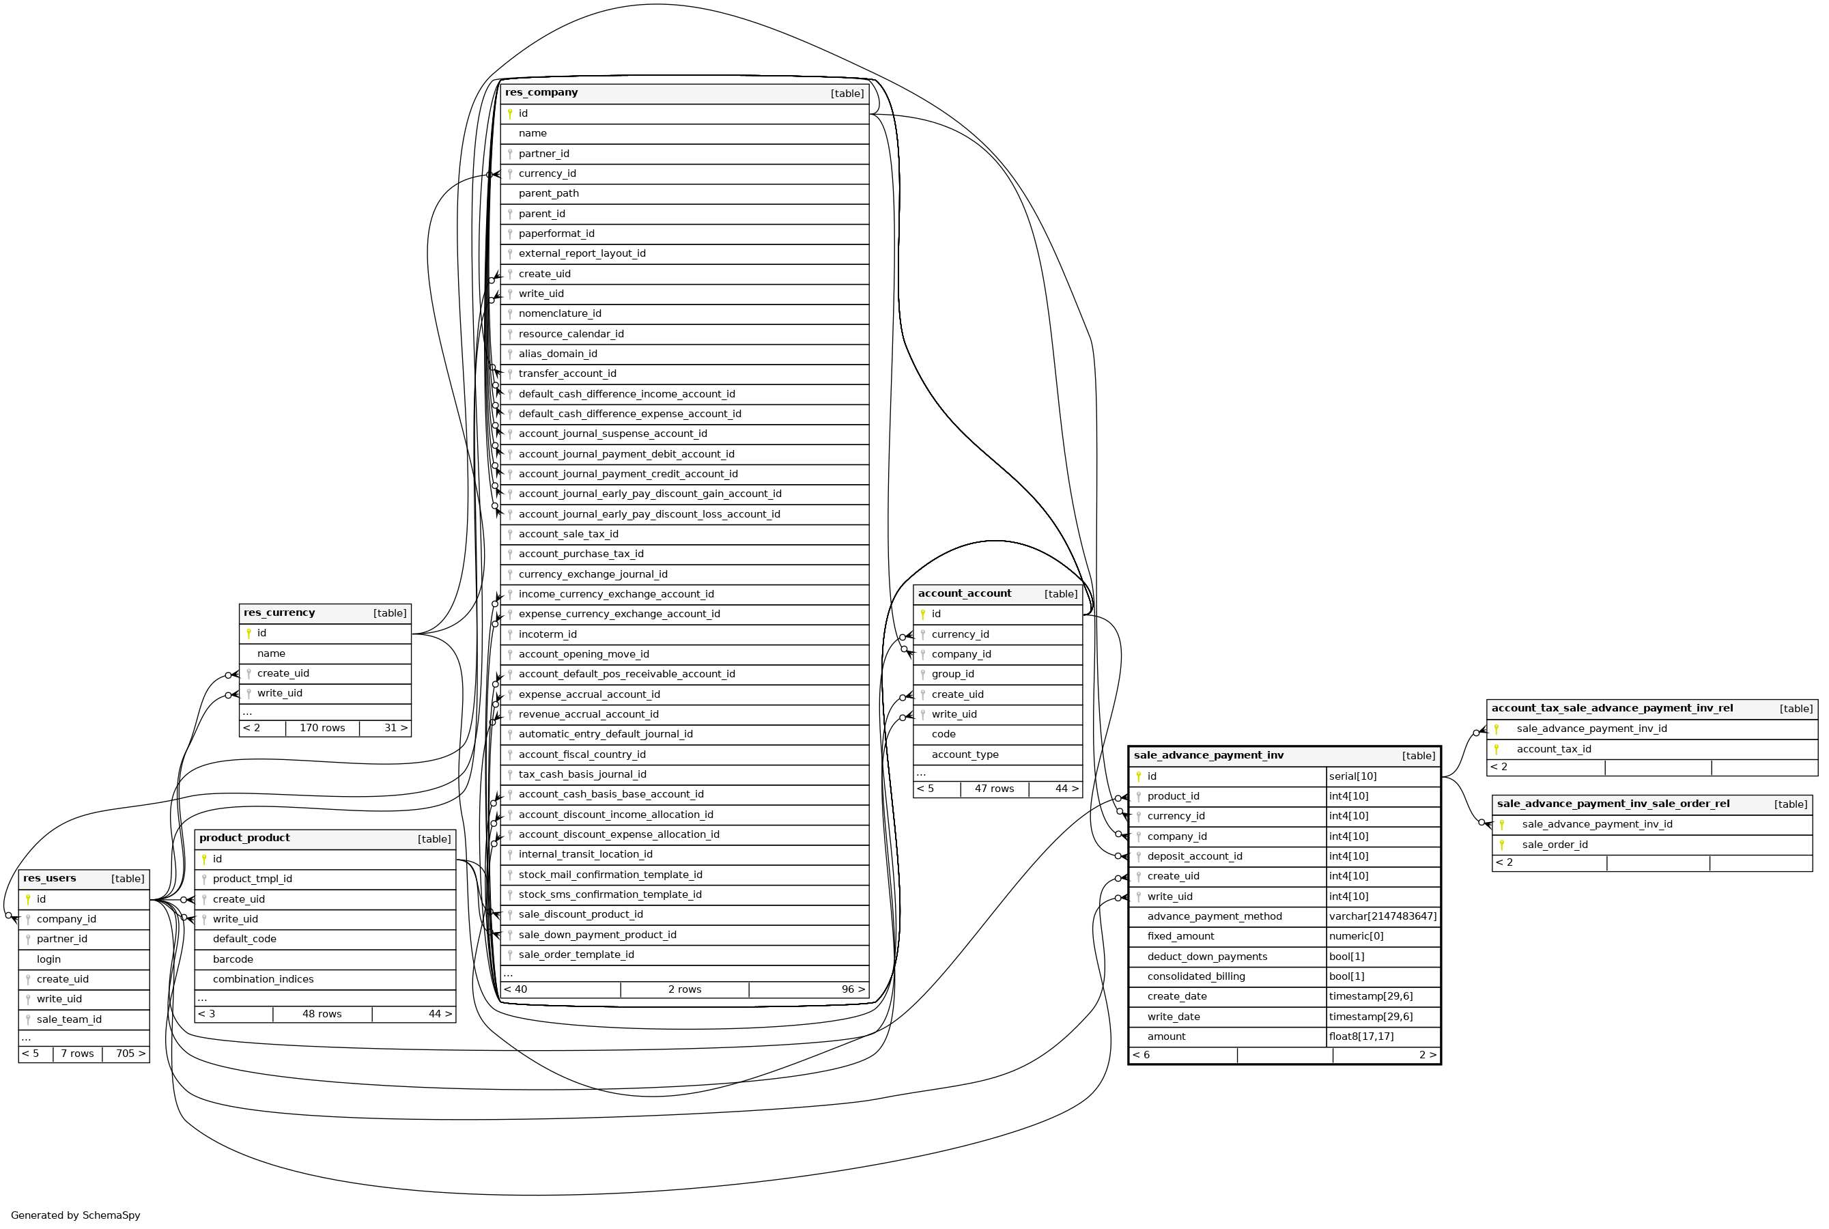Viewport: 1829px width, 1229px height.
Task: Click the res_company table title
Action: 541,92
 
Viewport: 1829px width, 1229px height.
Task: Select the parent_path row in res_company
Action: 548,194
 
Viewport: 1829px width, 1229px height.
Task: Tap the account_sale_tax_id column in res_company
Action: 568,535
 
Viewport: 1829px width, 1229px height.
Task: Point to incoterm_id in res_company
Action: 547,635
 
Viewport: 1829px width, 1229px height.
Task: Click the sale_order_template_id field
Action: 576,955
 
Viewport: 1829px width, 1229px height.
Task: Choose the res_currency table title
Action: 279,613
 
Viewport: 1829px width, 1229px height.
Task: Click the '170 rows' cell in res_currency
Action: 322,728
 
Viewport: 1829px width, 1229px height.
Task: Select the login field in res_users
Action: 48,959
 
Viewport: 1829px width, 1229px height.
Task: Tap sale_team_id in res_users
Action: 69,1019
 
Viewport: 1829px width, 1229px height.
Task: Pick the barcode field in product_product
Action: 233,959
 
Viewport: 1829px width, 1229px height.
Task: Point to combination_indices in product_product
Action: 263,980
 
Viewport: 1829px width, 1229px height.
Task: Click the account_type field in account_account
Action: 965,754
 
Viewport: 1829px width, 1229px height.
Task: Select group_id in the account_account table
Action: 953,674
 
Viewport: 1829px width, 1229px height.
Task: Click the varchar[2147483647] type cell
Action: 1383,916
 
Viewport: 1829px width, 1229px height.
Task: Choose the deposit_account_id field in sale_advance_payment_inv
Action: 1194,857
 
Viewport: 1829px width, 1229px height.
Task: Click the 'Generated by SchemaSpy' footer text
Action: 75,1215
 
